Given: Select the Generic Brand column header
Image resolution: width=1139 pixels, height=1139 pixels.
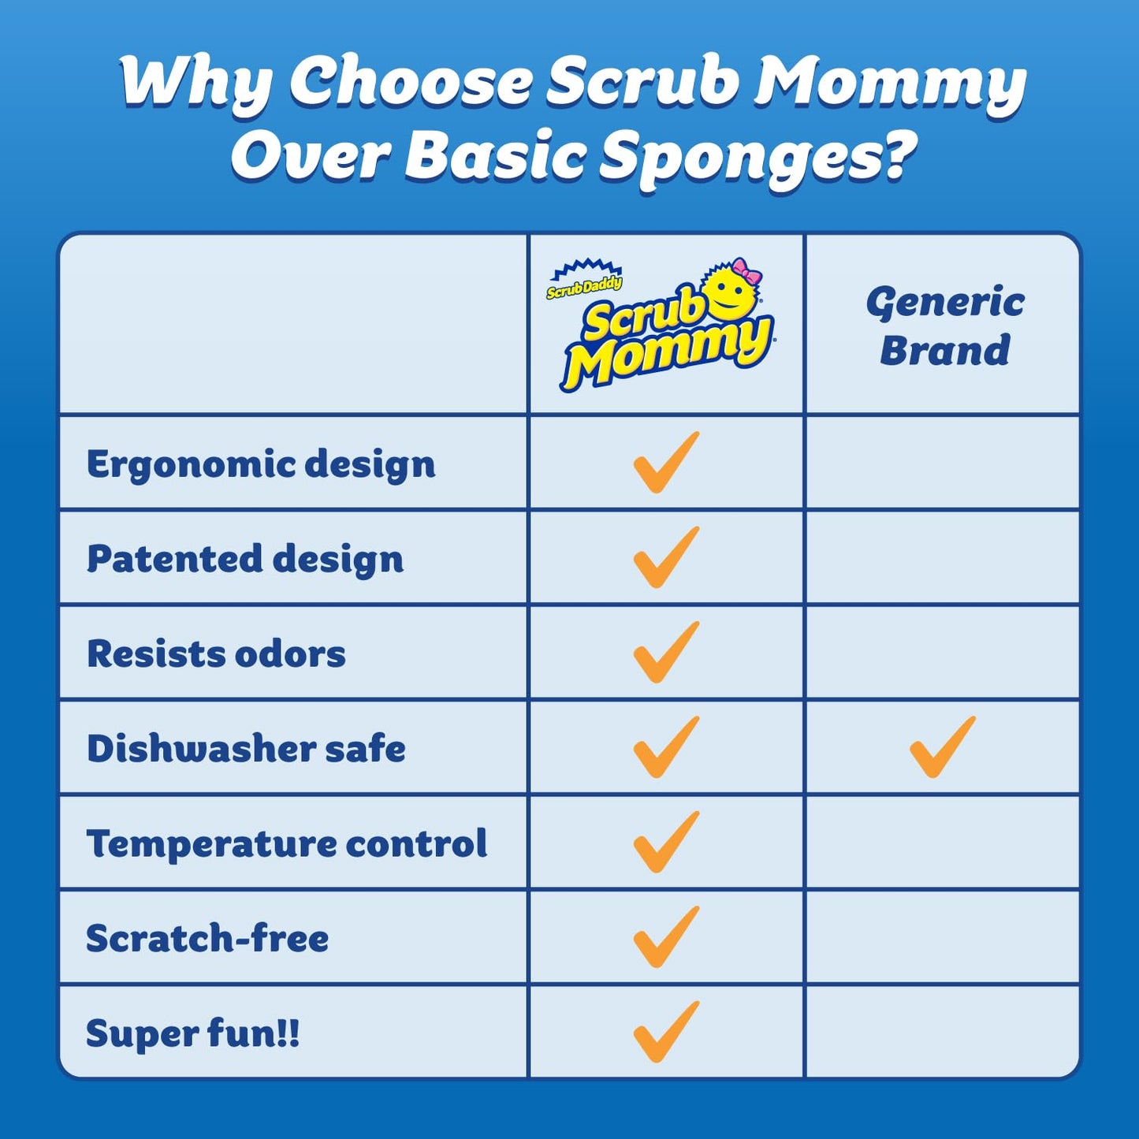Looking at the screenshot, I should [944, 326].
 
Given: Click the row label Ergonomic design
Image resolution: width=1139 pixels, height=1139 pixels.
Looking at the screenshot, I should [261, 463].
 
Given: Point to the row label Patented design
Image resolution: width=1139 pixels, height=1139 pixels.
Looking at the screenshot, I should [245, 559].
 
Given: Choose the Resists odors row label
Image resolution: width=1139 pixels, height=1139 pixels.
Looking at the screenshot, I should [216, 653].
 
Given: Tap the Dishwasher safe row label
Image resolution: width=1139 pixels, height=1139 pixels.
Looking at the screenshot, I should [246, 748].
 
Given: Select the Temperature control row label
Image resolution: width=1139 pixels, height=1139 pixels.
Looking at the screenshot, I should [287, 843].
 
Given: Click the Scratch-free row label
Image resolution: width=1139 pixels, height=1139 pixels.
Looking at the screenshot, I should [207, 938].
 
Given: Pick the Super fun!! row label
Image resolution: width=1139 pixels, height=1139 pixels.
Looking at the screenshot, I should [193, 1033].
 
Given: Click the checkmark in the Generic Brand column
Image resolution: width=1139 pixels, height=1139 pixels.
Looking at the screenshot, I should [942, 747].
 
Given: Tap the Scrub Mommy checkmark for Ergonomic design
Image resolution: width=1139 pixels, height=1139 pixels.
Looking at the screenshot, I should [665, 463].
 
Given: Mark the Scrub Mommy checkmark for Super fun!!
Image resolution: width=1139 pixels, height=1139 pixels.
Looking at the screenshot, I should [665, 1032].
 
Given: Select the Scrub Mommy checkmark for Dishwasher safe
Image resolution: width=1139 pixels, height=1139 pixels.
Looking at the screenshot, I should [665, 747].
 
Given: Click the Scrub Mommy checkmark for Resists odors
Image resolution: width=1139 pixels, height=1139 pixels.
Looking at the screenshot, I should [665, 652].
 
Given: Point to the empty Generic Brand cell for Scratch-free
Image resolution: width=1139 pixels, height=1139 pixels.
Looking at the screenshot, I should [943, 938].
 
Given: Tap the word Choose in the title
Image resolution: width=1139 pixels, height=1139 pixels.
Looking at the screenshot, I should [411, 82].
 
